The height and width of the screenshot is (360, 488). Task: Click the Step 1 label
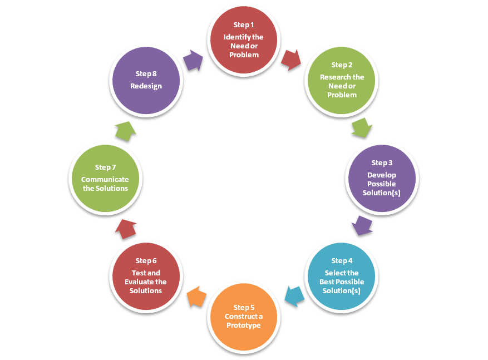click(x=244, y=25)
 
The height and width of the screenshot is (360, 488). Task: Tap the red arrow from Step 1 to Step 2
click(x=290, y=59)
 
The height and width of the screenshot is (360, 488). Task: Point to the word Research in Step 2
click(x=335, y=77)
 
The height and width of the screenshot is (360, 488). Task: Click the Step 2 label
click(x=342, y=65)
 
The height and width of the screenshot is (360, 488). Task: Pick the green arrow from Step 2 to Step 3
click(x=362, y=127)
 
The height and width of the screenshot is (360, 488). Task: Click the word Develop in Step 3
click(x=382, y=175)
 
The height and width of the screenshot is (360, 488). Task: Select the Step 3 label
click(x=382, y=163)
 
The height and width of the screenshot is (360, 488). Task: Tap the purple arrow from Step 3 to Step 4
click(x=362, y=225)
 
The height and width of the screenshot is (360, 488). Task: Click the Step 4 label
click(x=342, y=261)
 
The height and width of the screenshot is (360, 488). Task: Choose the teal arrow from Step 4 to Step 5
click(x=294, y=295)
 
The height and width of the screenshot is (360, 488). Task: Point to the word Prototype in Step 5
click(x=244, y=326)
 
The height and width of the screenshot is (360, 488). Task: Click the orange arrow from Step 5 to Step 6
click(x=196, y=297)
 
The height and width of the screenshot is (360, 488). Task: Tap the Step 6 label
click(x=146, y=261)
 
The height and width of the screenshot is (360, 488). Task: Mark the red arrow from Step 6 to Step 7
click(x=126, y=229)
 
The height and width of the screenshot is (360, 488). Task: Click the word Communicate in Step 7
click(x=105, y=180)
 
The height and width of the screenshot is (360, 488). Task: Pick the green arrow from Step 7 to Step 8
click(x=125, y=131)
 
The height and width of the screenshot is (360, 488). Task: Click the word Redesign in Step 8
click(x=146, y=86)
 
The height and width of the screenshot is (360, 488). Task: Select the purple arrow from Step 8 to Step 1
click(x=193, y=60)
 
